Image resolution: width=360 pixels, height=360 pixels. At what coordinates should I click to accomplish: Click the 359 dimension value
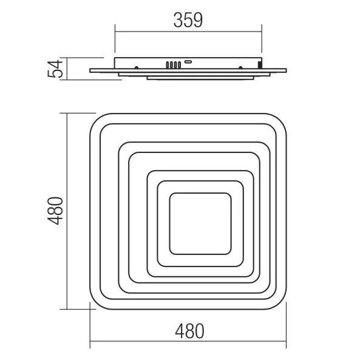click(x=188, y=20)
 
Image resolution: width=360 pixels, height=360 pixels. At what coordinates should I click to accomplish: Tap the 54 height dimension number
click(x=55, y=69)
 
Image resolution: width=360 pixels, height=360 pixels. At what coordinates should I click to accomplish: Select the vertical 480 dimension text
click(x=55, y=211)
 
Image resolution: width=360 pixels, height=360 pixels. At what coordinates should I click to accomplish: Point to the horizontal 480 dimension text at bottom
click(x=189, y=331)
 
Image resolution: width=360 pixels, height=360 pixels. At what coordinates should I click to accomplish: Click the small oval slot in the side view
click(x=188, y=62)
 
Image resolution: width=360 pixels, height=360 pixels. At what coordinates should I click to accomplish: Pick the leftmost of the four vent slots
click(x=168, y=65)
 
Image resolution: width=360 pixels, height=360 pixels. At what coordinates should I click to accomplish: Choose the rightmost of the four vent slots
click(x=179, y=65)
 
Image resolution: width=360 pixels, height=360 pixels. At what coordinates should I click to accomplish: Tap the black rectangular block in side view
click(x=260, y=65)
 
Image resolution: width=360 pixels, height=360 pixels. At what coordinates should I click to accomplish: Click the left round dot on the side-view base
click(x=137, y=67)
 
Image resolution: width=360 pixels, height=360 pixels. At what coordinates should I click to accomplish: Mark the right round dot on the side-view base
click(x=240, y=67)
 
